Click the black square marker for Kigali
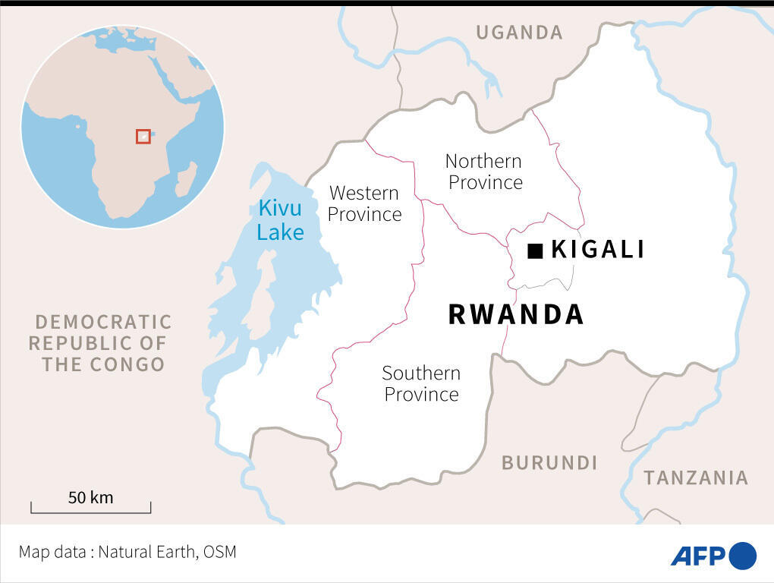535,251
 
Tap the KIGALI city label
598,249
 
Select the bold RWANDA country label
516,314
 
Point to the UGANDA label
519,32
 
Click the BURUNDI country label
549,462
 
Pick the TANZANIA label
696,477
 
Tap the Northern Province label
484,172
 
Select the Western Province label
364,203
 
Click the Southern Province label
421,383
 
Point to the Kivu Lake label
280,219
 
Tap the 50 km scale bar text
90,498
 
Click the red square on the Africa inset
143,136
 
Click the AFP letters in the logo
698,556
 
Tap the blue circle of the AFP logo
743,556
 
